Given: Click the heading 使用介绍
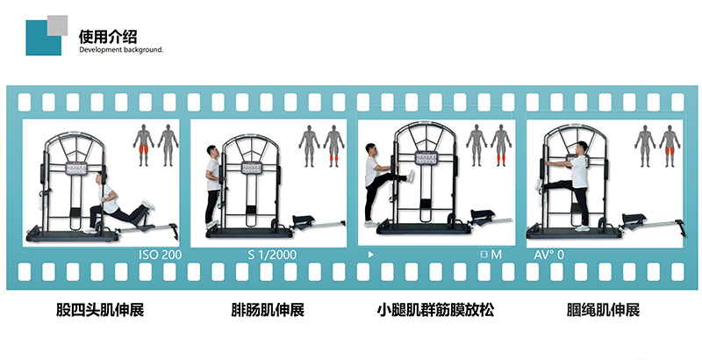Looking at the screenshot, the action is point(107,36).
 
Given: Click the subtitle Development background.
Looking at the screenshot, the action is point(121,50).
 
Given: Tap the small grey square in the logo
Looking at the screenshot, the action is point(57,25).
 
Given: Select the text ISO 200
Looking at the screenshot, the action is point(161,255).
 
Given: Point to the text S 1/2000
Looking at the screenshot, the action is point(272,255).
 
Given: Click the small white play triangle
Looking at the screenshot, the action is point(370,255).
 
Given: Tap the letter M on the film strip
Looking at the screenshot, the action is point(496,255).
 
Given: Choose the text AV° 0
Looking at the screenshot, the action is point(549,255).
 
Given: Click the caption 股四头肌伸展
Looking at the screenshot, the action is point(100,309).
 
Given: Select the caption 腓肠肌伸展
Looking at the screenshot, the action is point(268,309).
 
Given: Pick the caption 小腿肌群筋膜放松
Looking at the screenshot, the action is point(435,309).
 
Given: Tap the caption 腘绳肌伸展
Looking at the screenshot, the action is point(603,309).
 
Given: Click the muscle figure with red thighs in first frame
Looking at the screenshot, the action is point(143,145).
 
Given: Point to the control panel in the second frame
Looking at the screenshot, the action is point(252,168).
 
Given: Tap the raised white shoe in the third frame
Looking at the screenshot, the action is point(411,176).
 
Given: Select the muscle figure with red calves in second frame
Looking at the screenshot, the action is point(334,146).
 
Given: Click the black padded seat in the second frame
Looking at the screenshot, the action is point(309,219).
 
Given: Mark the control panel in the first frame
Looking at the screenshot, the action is point(76,169).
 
